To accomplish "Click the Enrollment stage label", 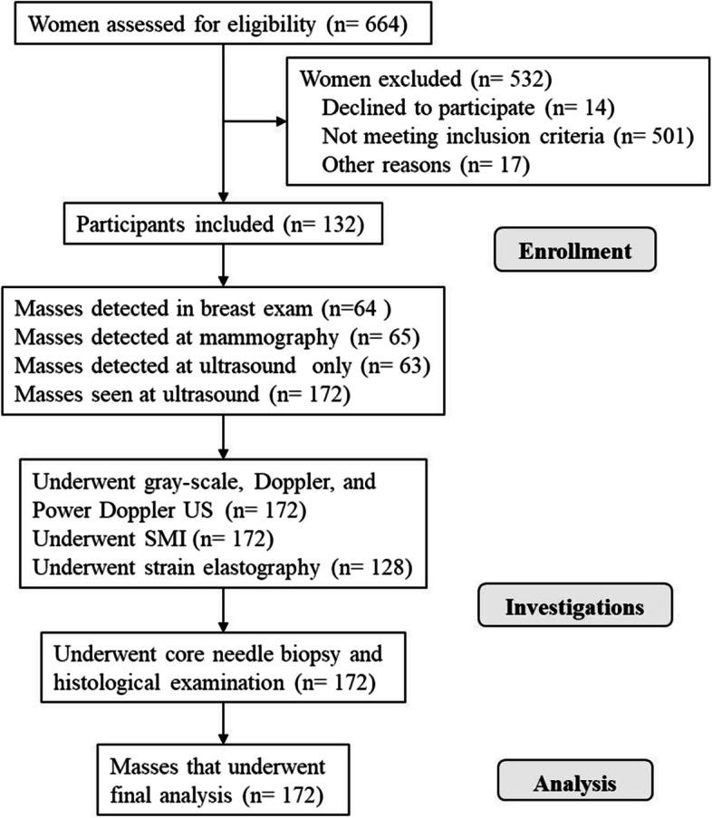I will pyautogui.click(x=575, y=251).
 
